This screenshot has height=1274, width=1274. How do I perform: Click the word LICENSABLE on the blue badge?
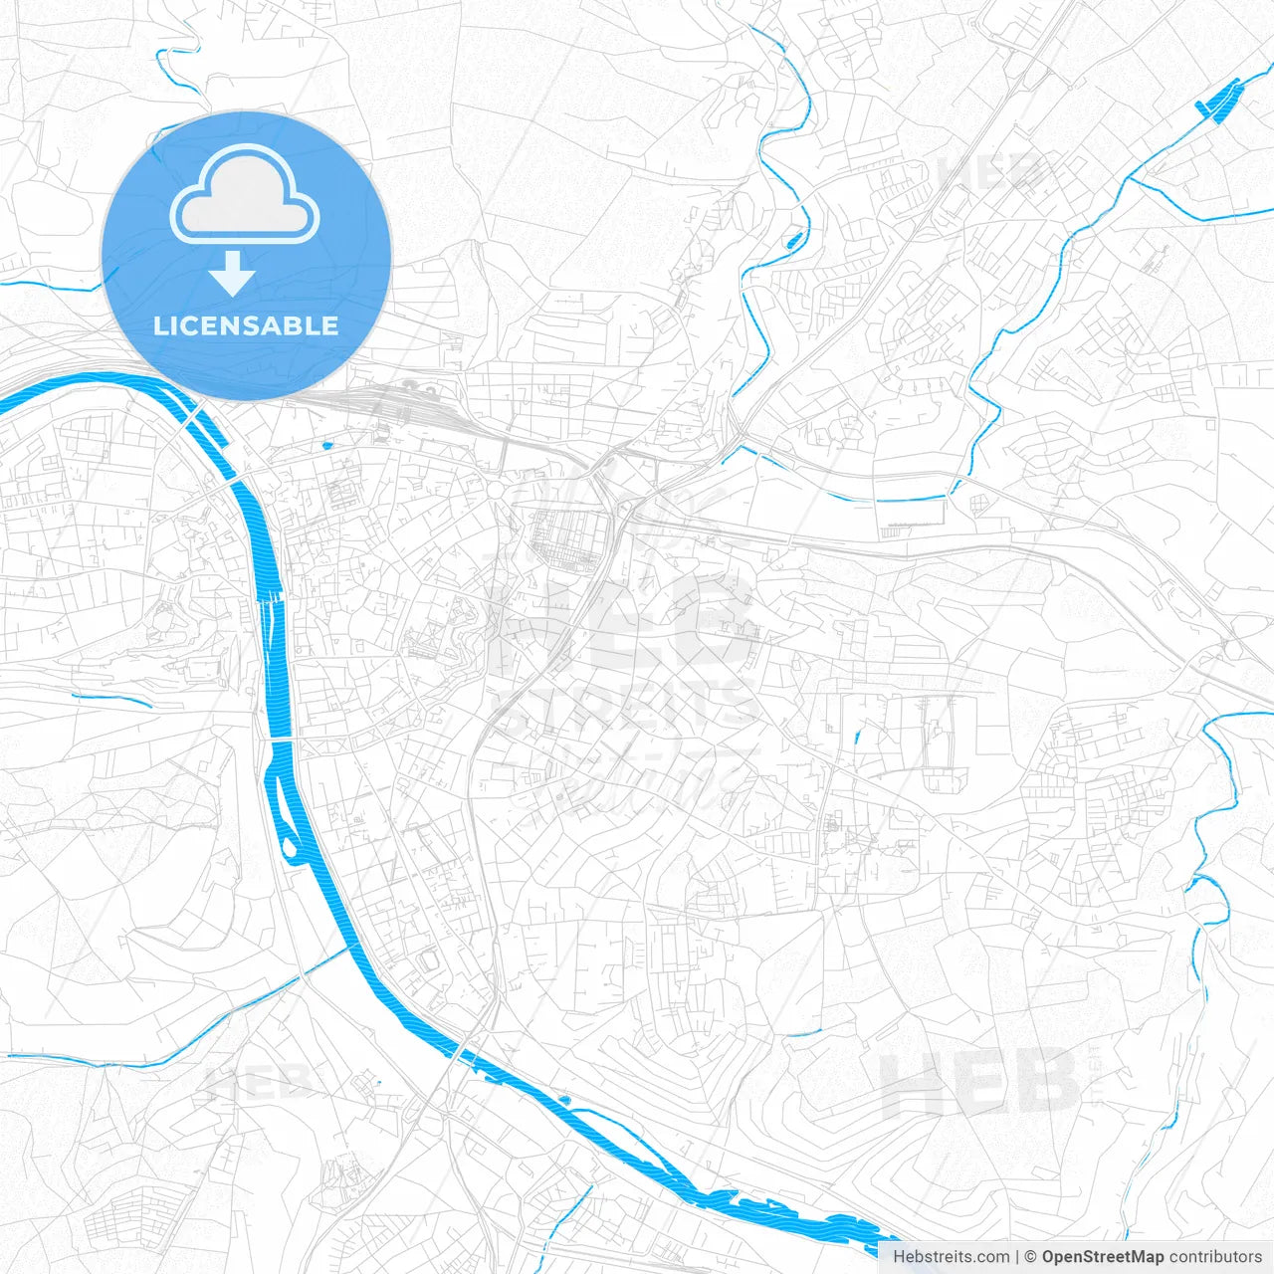pos(246,325)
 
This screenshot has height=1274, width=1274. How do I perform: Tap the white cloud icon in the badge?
pos(245,196)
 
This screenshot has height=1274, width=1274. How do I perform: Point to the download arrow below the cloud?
pos(232,274)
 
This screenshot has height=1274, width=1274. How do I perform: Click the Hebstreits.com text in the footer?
pos(951,1257)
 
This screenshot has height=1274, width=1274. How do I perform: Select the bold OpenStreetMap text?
pos(1102,1257)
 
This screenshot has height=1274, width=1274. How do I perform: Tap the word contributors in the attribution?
pos(1215,1257)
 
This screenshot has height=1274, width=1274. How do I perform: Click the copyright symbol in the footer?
pos(1030,1257)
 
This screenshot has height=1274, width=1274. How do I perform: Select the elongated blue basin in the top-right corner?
pos(1218,101)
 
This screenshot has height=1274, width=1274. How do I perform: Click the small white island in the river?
pos(291,847)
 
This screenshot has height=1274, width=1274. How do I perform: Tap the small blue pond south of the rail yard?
pos(326,445)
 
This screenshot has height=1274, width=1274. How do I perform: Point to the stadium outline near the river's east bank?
pos(430,961)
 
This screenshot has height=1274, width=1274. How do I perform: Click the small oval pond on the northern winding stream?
pos(794,240)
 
